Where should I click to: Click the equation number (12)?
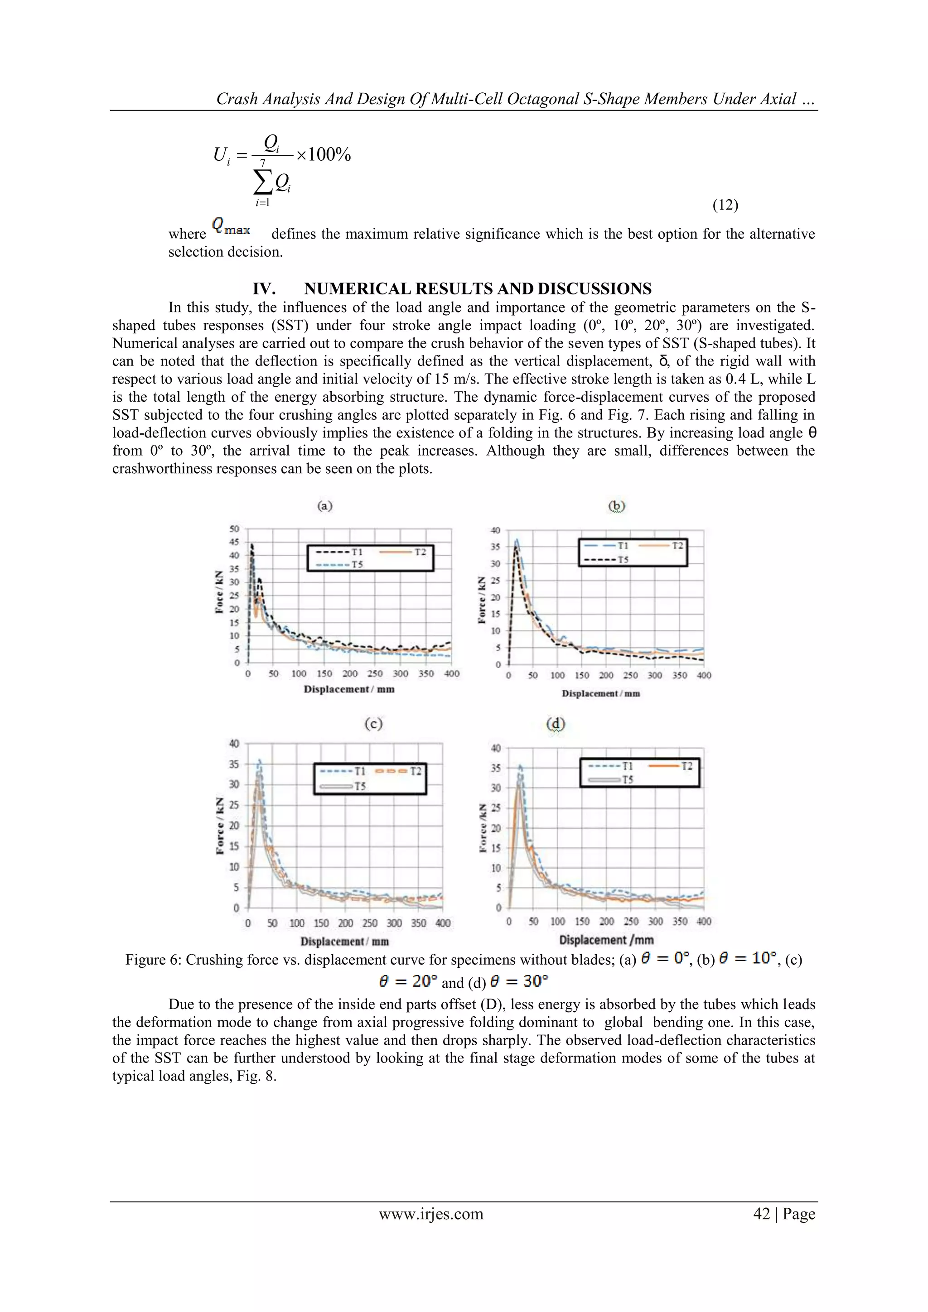pos(725,206)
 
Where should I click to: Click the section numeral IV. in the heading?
pos(264,288)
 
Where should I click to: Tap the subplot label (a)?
pos(325,506)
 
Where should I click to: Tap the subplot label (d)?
pos(556,724)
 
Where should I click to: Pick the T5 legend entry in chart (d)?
pos(612,779)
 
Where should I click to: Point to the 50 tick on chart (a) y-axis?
pos(234,529)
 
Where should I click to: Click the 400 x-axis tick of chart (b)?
pos(704,675)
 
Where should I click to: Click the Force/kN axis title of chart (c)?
pos(220,826)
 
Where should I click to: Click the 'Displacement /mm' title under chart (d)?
pos(606,940)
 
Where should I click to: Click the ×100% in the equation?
pos(324,155)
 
